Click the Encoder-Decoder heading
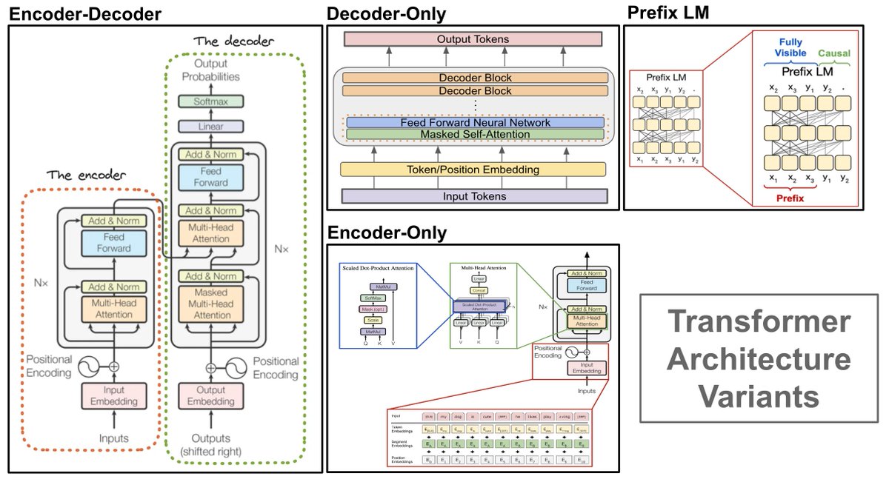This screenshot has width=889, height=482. [x=84, y=13]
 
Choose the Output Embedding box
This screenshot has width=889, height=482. [x=210, y=395]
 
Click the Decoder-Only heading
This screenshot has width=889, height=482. [x=387, y=13]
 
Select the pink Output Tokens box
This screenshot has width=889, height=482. [x=474, y=39]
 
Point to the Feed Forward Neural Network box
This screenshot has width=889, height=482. [x=475, y=122]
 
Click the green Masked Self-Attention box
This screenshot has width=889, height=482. [x=474, y=134]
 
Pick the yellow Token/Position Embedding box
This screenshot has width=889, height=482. [x=474, y=170]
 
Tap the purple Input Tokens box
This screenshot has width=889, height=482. [x=474, y=196]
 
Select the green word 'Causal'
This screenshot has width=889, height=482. [x=833, y=53]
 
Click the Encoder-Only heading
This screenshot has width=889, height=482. [x=387, y=233]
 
